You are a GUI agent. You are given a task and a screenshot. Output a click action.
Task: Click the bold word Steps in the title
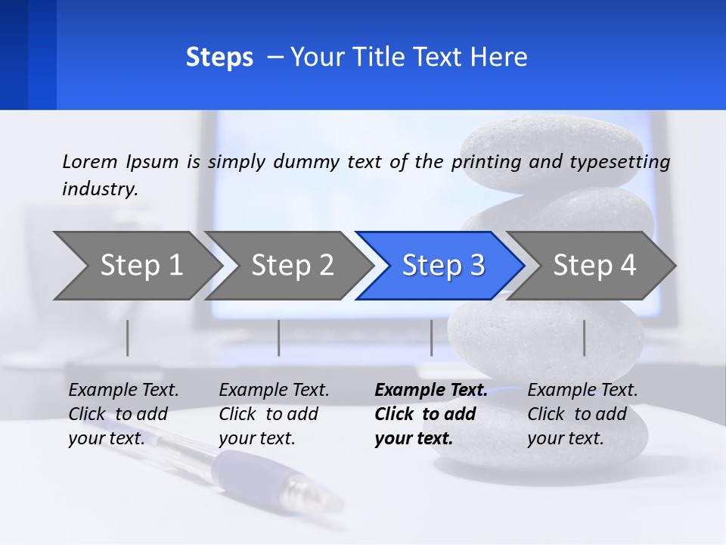pyautogui.click(x=219, y=58)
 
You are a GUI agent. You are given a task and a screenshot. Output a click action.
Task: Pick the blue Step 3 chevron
pyautogui.click(x=443, y=266)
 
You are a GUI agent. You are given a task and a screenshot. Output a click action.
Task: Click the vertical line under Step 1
pyautogui.click(x=128, y=338)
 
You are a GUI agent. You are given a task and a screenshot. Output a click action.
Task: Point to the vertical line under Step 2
pyautogui.click(x=279, y=338)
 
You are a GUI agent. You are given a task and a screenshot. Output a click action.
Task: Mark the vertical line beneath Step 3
pyautogui.click(x=431, y=338)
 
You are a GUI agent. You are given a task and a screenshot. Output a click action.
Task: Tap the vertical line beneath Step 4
pyautogui.click(x=584, y=338)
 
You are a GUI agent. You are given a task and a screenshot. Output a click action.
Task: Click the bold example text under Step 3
pyautogui.click(x=430, y=414)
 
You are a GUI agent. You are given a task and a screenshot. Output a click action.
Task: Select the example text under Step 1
pyautogui.click(x=123, y=414)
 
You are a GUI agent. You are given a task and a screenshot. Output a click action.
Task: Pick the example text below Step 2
pyautogui.click(x=274, y=414)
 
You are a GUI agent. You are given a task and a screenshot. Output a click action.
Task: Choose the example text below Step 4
pyautogui.click(x=582, y=414)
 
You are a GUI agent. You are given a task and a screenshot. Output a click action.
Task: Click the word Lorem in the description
pyautogui.click(x=90, y=161)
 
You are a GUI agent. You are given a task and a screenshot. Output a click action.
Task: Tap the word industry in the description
pyautogui.click(x=99, y=188)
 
